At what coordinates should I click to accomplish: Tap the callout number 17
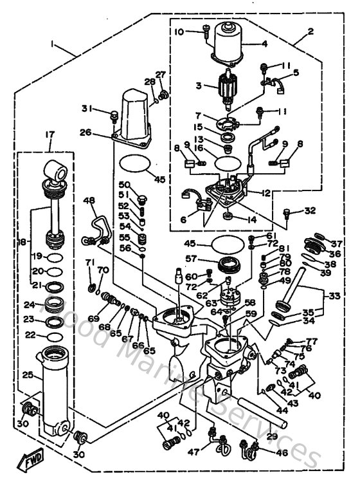point(49,134)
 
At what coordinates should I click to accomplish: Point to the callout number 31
point(87,107)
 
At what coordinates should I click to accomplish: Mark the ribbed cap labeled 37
point(314,243)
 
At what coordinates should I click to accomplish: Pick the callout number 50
point(124,185)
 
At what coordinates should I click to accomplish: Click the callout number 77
point(312,341)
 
